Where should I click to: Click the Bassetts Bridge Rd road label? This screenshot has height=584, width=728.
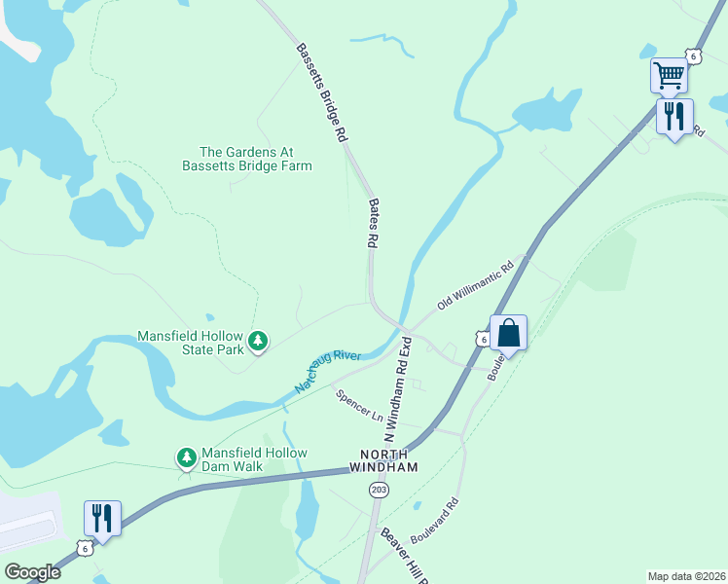point(322,93)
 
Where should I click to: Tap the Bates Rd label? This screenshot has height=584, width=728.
point(373,223)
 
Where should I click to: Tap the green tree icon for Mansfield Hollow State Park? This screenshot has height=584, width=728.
point(258,341)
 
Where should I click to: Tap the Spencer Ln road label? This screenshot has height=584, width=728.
point(359,406)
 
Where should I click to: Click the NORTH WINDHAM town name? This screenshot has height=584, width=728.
point(389,461)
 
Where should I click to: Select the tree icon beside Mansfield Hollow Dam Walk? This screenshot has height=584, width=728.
point(186,456)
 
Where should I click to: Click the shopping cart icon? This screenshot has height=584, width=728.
point(669,74)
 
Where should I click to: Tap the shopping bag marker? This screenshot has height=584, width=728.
point(508,334)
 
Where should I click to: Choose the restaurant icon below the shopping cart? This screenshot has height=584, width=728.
point(674,117)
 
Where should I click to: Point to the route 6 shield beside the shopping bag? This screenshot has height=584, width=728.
point(483,338)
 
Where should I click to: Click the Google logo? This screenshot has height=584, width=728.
point(32,571)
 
